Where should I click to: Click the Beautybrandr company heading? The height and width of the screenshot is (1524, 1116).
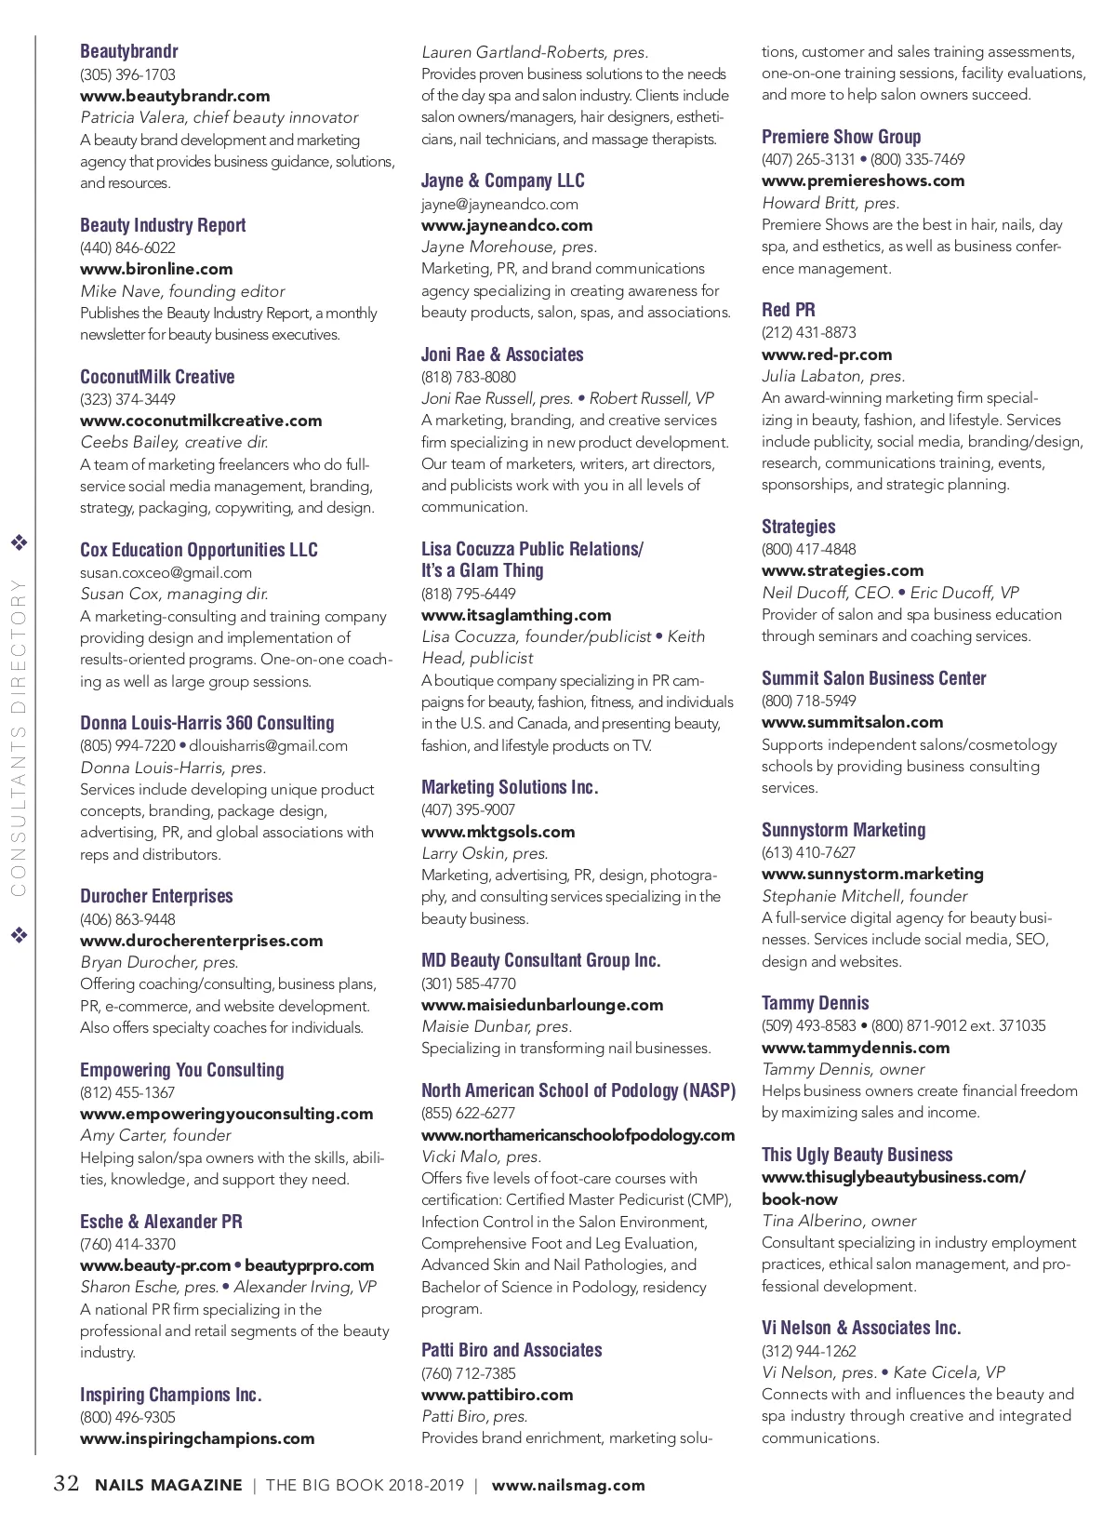pyautogui.click(x=128, y=51)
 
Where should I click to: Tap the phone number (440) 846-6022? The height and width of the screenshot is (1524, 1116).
pyautogui.click(x=127, y=247)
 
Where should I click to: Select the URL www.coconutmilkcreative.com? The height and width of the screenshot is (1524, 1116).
pyautogui.click(x=201, y=421)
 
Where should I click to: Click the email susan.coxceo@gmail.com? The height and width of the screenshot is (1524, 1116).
pyautogui.click(x=166, y=572)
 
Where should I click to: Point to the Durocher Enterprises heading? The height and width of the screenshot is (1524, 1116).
pyautogui.click(x=156, y=896)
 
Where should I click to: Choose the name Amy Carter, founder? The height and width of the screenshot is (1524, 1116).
pyautogui.click(x=155, y=1135)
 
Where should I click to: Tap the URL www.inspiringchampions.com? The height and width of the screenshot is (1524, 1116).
pyautogui.click(x=197, y=1438)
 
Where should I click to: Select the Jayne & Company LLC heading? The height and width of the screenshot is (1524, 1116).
pyautogui.click(x=502, y=180)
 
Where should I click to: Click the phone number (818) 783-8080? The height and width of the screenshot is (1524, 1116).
pyautogui.click(x=468, y=377)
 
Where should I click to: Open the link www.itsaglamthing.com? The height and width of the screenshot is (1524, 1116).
pyautogui.click(x=516, y=615)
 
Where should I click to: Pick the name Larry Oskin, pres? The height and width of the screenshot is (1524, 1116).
pyautogui.click(x=485, y=853)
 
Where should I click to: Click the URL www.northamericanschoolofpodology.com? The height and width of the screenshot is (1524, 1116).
pyautogui.click(x=578, y=1135)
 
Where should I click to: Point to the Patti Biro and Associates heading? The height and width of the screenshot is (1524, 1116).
pyautogui.click(x=511, y=1350)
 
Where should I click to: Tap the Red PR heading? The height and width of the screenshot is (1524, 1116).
pyautogui.click(x=788, y=310)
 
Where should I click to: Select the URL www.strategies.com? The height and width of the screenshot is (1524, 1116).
pyautogui.click(x=843, y=570)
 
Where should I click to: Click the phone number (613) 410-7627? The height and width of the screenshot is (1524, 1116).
pyautogui.click(x=808, y=852)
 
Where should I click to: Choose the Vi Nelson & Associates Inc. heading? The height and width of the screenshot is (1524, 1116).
pyautogui.click(x=861, y=1328)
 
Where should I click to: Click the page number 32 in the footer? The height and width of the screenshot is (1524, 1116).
pyautogui.click(x=66, y=1483)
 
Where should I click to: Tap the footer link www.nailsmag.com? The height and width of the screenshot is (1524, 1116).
pyautogui.click(x=567, y=1485)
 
